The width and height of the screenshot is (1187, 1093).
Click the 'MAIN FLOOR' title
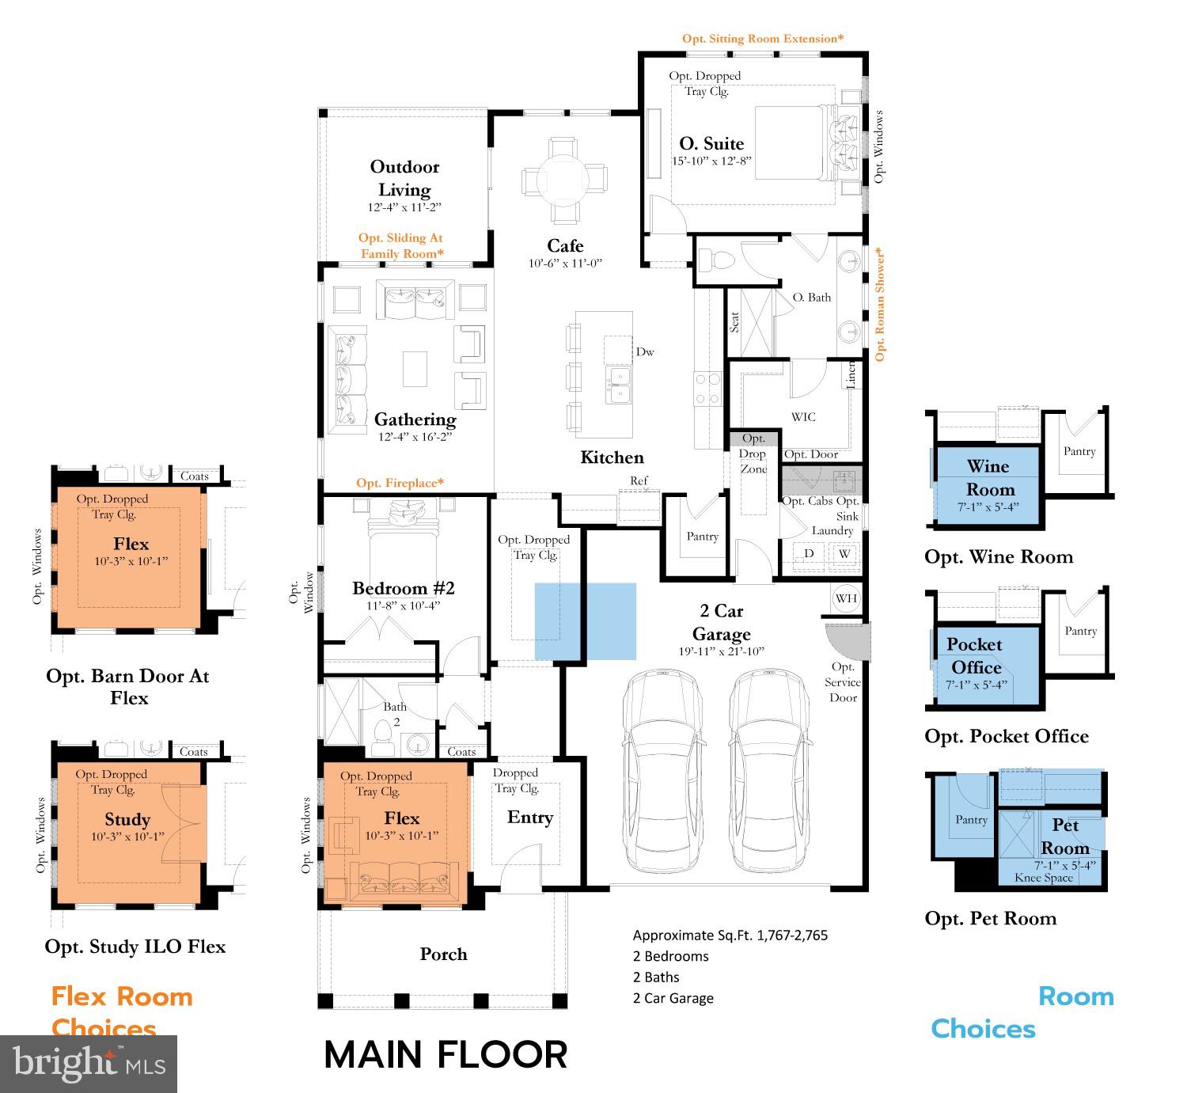coord(446,1055)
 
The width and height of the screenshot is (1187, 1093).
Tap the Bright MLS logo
coord(89,1063)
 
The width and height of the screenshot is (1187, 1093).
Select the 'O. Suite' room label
coord(711,143)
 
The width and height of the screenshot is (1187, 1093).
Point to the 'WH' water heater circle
coord(846,598)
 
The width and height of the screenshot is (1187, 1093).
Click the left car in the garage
coord(662,771)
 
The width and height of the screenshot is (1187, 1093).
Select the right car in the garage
coord(768,771)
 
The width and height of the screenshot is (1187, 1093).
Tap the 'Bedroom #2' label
coord(403,588)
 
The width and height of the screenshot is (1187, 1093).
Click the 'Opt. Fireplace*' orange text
coord(400,483)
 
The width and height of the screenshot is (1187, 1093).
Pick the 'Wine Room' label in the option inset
coord(988,477)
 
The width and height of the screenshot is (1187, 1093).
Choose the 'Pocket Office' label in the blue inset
coord(975,655)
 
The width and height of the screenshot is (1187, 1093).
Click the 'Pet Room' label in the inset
coord(1065,836)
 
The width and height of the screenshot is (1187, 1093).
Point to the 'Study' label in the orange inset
coord(127,819)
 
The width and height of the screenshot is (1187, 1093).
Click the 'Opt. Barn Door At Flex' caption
coord(128,686)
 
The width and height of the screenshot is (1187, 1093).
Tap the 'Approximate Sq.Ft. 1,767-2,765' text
coord(730,935)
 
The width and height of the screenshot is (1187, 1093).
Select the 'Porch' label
coord(443,954)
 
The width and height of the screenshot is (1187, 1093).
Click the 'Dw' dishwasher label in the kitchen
coord(645,352)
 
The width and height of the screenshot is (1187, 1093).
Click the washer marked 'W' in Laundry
coord(844,553)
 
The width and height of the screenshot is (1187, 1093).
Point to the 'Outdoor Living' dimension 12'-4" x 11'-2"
coord(404,207)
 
